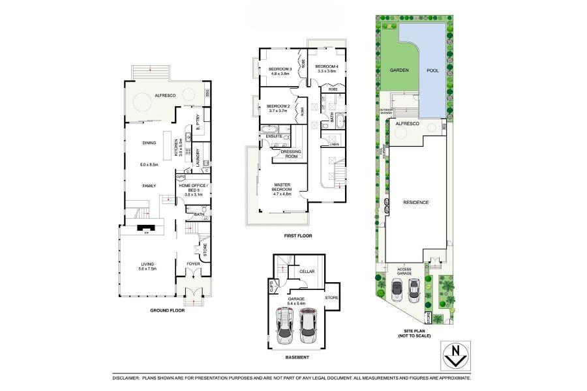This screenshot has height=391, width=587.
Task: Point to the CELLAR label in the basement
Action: pos(307,271)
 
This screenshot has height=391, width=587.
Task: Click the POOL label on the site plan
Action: pos(432,70)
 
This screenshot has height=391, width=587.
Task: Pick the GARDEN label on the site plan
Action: pos(399,70)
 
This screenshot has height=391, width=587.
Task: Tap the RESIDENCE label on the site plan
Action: pos(415,202)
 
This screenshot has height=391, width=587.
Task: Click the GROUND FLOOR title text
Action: pos(167,311)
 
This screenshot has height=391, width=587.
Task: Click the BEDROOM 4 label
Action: pos(327,67)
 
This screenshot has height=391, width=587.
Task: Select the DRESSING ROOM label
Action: pos(290,154)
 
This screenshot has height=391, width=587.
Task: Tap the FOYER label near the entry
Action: pos(194,264)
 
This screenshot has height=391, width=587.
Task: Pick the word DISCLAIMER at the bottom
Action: pos(126,378)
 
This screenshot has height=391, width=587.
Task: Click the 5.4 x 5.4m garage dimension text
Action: pos(297,304)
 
